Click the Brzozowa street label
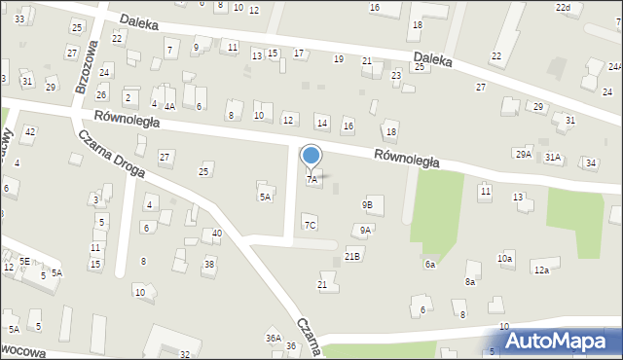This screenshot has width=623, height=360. click(x=87, y=66)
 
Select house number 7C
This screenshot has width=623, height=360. click(x=310, y=225)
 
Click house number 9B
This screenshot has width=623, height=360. click(x=367, y=204)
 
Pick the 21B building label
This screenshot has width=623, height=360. click(x=352, y=256)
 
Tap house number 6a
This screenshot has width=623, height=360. click(x=429, y=264)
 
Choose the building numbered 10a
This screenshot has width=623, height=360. click(x=504, y=258)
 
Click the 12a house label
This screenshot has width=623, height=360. click(x=540, y=270)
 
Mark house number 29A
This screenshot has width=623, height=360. click(x=524, y=155)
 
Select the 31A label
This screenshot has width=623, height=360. click(x=553, y=157)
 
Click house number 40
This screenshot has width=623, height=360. click(x=216, y=234)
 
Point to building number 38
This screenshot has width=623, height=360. click(x=208, y=265)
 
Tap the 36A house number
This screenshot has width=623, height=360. click(x=274, y=338)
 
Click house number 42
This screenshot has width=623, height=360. click(x=30, y=131)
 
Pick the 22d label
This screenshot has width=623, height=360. click(x=563, y=7)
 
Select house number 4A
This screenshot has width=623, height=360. click(x=169, y=106)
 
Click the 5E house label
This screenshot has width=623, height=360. click(x=25, y=261)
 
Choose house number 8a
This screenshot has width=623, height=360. click(x=469, y=281)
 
